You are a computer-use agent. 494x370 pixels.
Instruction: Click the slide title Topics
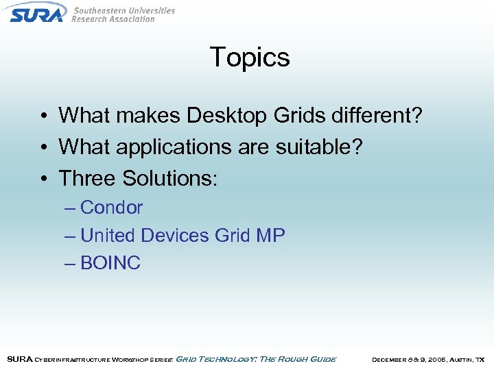[250, 57]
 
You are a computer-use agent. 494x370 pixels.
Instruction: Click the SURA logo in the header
[37, 12]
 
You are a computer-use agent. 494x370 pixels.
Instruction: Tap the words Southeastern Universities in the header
[123, 11]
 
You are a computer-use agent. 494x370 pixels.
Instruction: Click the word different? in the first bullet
[371, 115]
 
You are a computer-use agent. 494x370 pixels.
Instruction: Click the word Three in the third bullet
[87, 178]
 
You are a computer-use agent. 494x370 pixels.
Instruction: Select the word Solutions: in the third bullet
[169, 178]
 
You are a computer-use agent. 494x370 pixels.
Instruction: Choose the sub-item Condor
[111, 208]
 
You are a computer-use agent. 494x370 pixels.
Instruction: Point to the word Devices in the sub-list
[175, 236]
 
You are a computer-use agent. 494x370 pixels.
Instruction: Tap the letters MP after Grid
[270, 236]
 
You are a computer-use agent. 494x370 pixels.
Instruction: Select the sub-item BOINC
[110, 263]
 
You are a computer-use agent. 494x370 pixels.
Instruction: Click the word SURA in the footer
[19, 359]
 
